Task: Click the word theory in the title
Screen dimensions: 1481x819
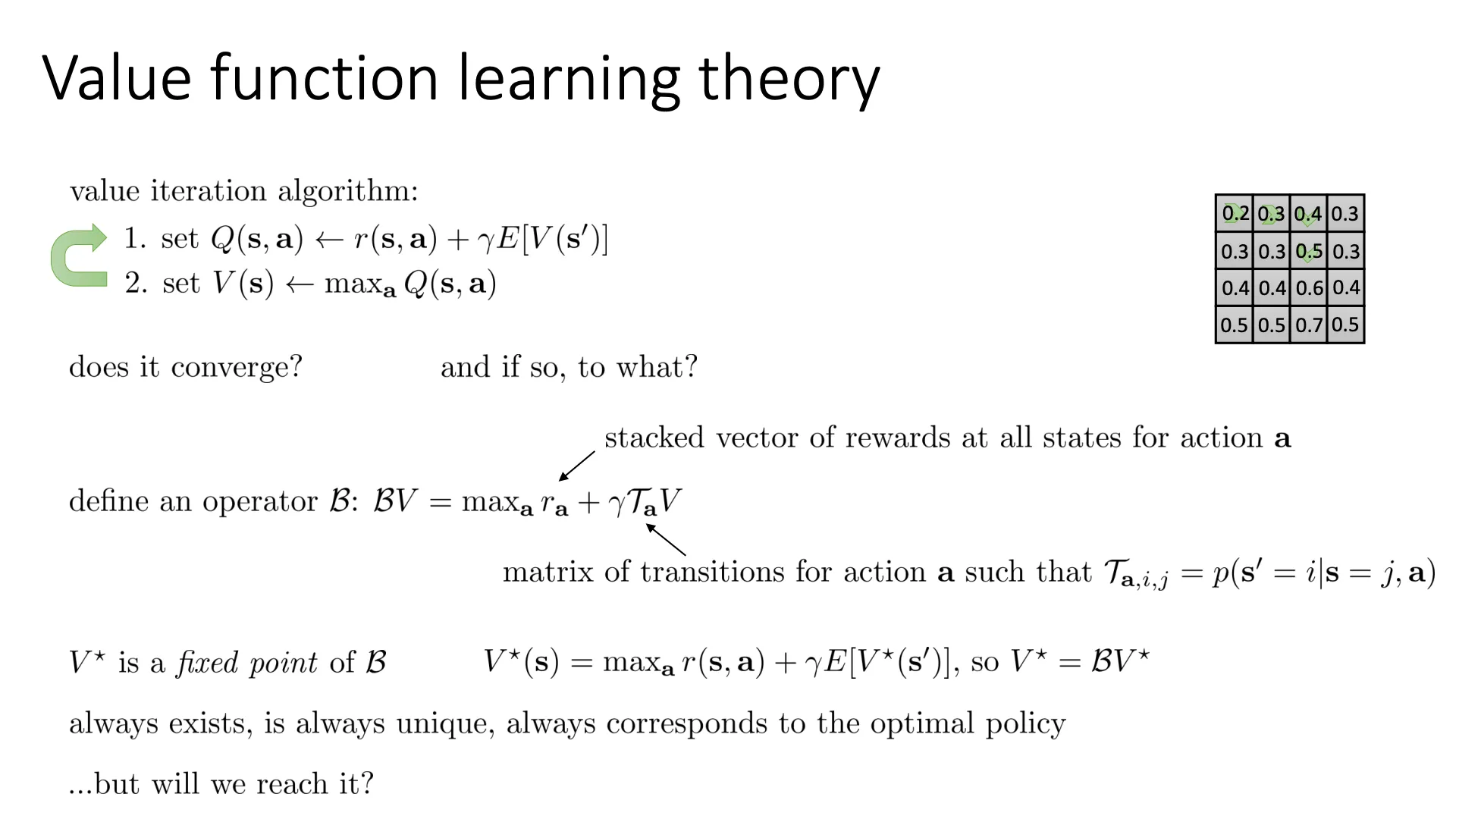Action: coord(789,79)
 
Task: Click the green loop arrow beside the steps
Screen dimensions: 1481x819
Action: coord(78,256)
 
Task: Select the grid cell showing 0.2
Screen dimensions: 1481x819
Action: coord(1235,214)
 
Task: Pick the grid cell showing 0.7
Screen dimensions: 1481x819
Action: coord(1309,325)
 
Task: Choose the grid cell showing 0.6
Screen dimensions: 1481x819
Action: coord(1309,288)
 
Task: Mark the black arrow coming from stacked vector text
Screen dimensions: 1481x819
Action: coord(577,466)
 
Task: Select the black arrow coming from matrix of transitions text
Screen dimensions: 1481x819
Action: coord(666,539)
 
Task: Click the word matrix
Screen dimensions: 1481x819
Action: coord(548,572)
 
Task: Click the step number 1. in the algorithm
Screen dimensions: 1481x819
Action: coord(136,239)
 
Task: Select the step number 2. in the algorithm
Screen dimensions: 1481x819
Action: coord(136,284)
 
